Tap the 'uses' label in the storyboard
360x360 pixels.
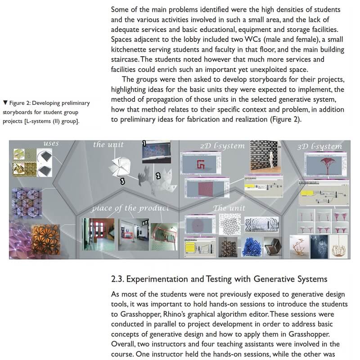[x=51, y=144]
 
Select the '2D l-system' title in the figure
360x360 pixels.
[x=223, y=146]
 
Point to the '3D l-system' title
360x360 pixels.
[x=320, y=146]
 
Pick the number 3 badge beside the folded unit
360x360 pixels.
[x=122, y=181]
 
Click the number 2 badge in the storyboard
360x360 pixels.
[x=158, y=176]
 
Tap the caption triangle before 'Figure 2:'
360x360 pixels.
[x=4, y=103]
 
